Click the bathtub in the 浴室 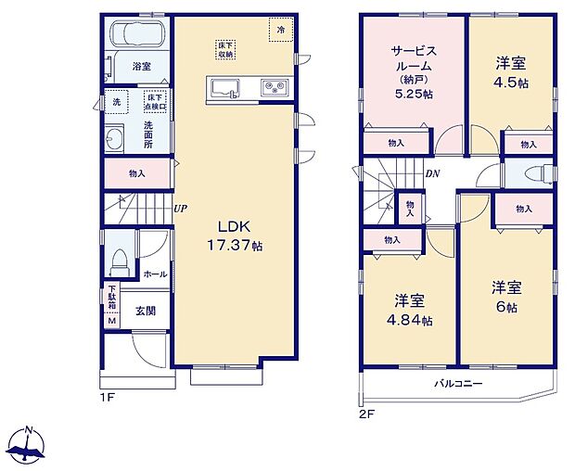coord(136,37)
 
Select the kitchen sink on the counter coord(224,88)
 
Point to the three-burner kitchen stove coord(275,88)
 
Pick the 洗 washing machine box coord(116,101)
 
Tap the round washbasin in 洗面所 coord(116,141)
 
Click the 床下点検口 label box coord(155,102)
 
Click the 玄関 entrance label coord(146,312)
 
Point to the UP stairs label coord(180,209)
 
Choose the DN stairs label coord(432,173)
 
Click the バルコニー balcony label coord(457,383)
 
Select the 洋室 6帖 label coord(506,295)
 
